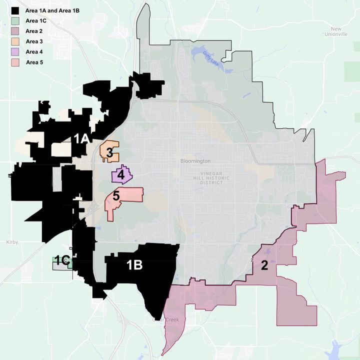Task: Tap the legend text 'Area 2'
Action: click(34, 31)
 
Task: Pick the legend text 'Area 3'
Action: click(34, 41)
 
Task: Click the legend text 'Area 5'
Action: click(34, 62)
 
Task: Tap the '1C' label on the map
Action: click(61, 260)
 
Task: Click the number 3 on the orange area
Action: click(109, 153)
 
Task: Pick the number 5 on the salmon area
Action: click(115, 196)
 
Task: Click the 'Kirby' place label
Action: click(12, 242)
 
